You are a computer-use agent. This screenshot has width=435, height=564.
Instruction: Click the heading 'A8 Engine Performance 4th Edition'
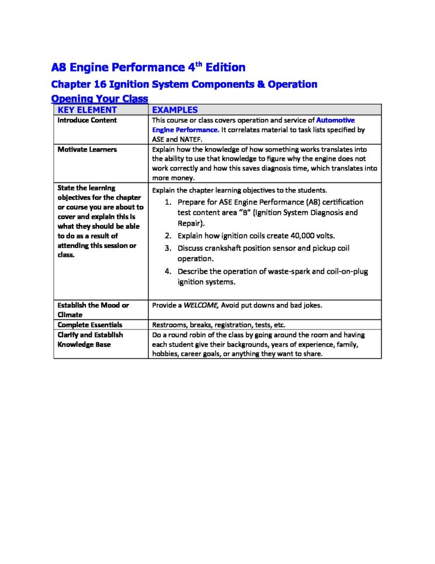pos(148,68)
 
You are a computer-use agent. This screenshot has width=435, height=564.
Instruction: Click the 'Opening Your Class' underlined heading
pos(99,99)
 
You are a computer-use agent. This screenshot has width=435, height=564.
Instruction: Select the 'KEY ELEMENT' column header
pos(87,110)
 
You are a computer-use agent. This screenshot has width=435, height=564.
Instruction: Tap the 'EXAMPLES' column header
pos(174,110)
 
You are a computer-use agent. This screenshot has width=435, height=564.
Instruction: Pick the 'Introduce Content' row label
pos(87,120)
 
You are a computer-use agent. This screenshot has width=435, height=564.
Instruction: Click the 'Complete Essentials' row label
pos(90,325)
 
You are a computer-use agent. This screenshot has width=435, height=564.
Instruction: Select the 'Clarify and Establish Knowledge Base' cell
pos(90,339)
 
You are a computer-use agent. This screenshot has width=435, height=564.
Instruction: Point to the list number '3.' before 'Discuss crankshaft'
pos(169,248)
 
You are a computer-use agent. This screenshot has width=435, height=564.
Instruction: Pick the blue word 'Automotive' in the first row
pos(335,120)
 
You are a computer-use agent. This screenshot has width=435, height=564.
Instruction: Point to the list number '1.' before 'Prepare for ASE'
pos(169,202)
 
